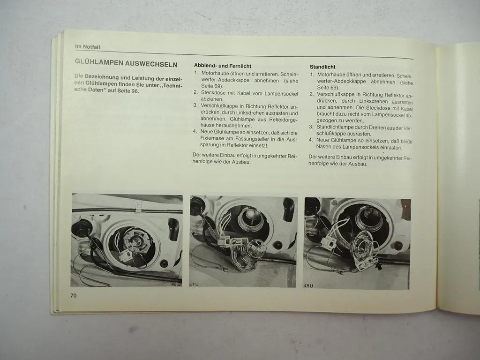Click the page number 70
tap(74, 295)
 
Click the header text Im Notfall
tap(88, 47)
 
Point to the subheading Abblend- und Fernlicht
tap(223, 66)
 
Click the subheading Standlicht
tap(322, 67)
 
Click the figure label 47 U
tap(194, 285)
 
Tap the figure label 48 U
tap(308, 285)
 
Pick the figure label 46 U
tap(175, 284)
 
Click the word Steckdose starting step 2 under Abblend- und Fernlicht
tap(213, 93)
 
